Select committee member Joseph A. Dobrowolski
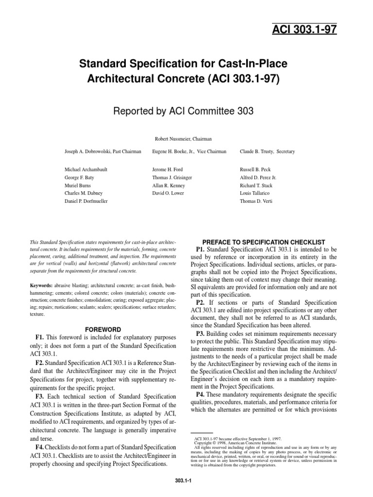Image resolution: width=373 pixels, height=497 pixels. coord(103,151)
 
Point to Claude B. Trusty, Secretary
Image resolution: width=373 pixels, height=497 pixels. coord(267,151)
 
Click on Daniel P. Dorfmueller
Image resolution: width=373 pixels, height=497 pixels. coord(86,200)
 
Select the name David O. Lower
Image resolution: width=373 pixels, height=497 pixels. coord(169,193)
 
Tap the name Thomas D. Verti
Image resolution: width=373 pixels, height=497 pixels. coord(256,200)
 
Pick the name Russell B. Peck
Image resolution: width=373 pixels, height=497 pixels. coord(255,170)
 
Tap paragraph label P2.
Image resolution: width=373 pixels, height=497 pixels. coord(200,304)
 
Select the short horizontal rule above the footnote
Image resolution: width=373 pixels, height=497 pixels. coord(202,432)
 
